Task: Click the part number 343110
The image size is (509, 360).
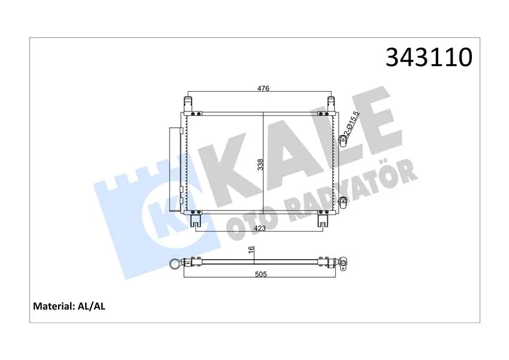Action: click(429, 57)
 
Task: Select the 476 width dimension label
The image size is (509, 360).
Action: click(263, 88)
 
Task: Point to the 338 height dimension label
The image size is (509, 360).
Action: click(260, 165)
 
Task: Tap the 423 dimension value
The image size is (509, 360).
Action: click(260, 228)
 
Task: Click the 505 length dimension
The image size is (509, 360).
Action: click(261, 274)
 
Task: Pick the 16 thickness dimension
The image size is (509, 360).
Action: click(251, 250)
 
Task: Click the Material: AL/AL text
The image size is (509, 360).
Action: click(69, 306)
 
